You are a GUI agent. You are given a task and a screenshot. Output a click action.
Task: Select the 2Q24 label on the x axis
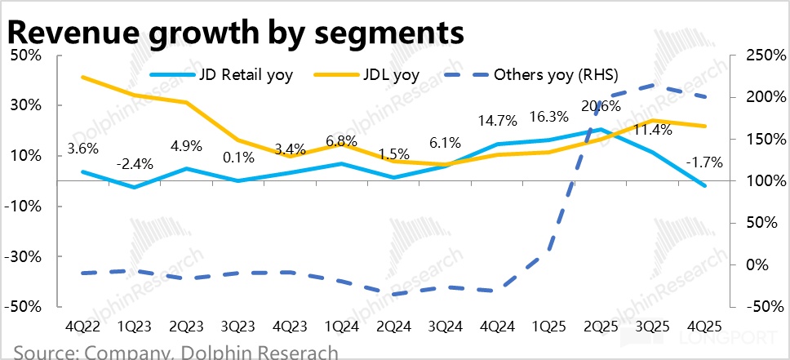[x=394, y=326]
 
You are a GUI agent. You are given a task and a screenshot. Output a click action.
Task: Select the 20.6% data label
[x=600, y=105]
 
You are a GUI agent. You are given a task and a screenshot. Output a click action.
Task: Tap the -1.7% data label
[x=703, y=162]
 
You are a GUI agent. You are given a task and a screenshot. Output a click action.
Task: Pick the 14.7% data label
[x=498, y=121]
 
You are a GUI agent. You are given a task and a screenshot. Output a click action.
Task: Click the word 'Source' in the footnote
[x=41, y=353]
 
